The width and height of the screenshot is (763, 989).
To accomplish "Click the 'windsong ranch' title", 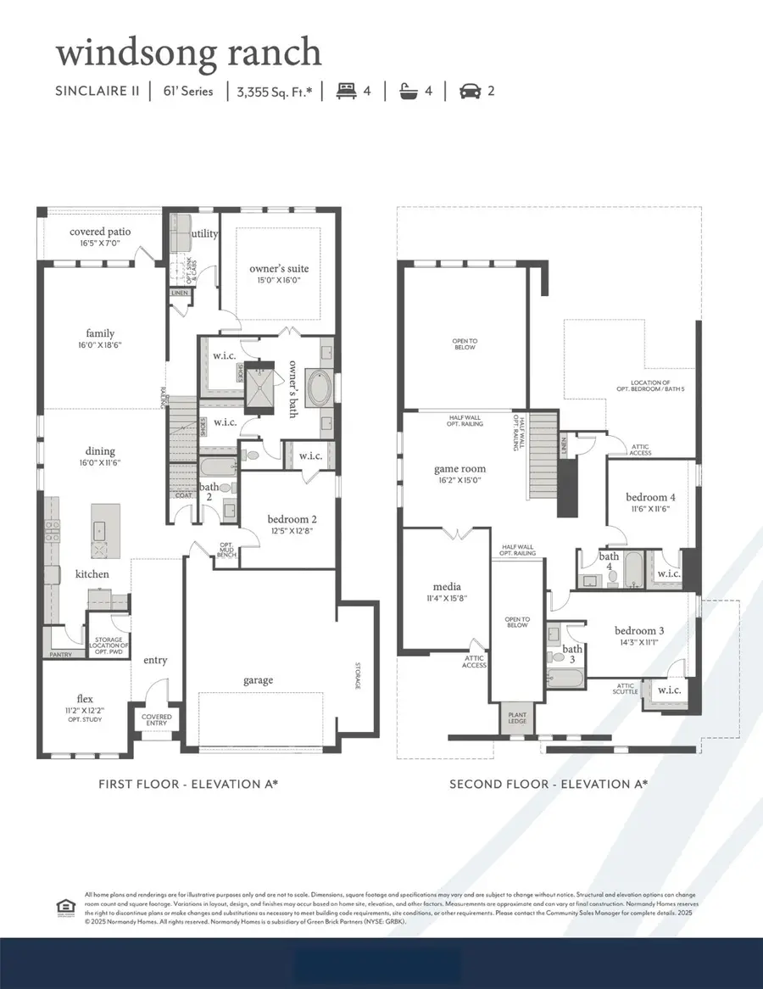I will (188, 53).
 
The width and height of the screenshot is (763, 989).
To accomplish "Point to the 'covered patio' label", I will (99, 232).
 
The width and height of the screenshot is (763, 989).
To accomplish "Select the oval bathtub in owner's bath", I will (320, 389).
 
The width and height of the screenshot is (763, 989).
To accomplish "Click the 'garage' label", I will (259, 679).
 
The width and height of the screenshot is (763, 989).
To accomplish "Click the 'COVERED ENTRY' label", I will (156, 721).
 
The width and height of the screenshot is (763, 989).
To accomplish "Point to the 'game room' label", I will (459, 468).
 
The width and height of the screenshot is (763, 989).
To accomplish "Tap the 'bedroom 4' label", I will (650, 497).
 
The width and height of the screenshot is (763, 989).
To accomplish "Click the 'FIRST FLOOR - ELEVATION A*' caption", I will (187, 785).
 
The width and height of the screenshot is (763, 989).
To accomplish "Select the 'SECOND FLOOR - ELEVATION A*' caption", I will (549, 785).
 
